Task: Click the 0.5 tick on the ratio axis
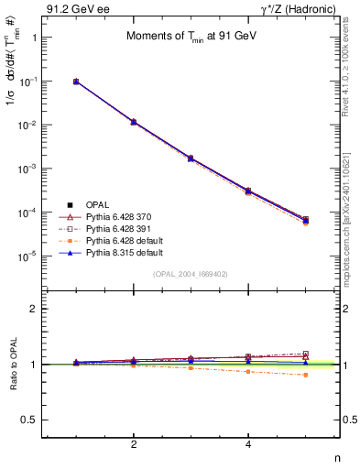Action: click(x=30, y=420)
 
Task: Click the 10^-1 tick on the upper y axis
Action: click(x=29, y=82)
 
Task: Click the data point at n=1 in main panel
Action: click(x=76, y=82)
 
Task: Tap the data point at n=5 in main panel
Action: click(x=306, y=220)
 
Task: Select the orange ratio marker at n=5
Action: click(x=306, y=375)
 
